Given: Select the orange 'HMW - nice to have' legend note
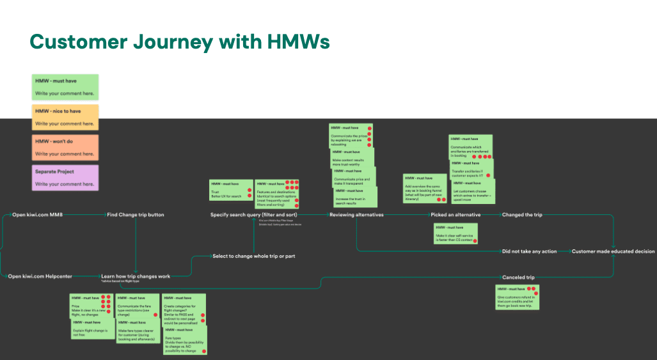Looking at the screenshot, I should [65, 116].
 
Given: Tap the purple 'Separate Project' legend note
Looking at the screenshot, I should [65, 177].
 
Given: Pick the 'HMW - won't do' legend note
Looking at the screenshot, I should [65, 147].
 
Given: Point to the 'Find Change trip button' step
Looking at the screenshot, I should [136, 215].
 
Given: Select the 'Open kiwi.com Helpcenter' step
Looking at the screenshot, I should [40, 276].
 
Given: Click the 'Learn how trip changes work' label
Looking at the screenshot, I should [136, 276].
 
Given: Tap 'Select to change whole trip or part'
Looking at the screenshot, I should [253, 256].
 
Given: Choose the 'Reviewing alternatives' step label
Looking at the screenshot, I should [356, 215].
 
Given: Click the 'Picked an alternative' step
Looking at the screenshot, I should [455, 215].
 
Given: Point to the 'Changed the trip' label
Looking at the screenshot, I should [522, 215].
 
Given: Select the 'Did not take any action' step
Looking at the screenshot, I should [529, 251].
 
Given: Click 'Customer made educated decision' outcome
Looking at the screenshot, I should [613, 251].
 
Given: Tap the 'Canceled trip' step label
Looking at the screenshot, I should [518, 278].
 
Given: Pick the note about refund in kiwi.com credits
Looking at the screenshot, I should [517, 297].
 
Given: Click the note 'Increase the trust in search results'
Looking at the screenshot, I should [355, 197].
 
